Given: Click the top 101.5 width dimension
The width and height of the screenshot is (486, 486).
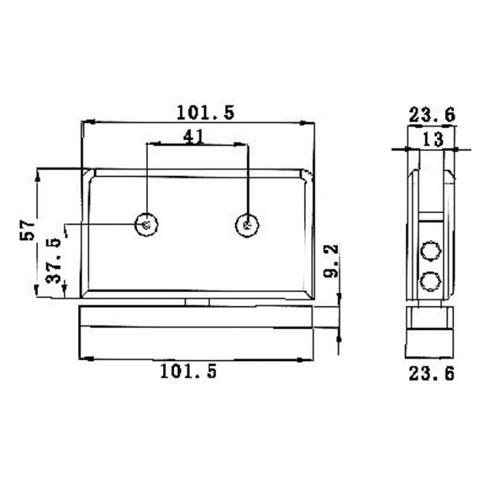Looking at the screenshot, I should [205, 112].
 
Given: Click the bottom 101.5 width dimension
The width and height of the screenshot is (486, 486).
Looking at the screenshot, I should [188, 371].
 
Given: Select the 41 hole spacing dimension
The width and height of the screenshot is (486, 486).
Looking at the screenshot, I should [193, 137].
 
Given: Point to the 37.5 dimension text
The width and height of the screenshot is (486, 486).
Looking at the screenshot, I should [54, 261].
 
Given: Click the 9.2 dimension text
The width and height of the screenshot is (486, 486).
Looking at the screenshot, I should [331, 261].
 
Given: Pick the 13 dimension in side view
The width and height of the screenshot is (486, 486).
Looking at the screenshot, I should [432, 140].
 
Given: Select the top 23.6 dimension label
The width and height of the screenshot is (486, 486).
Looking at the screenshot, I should [431, 114].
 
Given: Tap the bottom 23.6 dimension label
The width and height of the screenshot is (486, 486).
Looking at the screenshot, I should [431, 374].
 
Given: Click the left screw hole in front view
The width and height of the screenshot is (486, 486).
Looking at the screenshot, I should [146, 225].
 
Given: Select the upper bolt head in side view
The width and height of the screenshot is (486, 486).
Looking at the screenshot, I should [431, 250].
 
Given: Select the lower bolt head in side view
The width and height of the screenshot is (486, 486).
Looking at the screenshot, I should [431, 280].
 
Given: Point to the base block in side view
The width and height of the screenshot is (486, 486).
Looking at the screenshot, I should [430, 334].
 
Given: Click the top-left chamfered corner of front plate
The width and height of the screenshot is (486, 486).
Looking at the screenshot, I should [87, 174].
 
